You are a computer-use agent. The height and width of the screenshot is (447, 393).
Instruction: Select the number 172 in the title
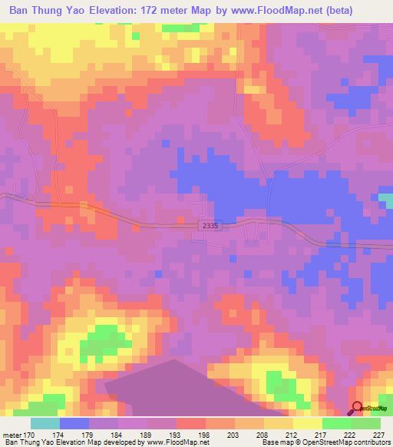pyautogui.click(x=160, y=12)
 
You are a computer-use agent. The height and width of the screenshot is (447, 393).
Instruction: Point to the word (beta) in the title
pyautogui.click(x=368, y=12)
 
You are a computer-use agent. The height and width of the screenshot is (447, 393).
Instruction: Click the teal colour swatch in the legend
pyautogui.click(x=45, y=423)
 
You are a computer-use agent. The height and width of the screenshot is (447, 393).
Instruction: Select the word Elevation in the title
pyautogui.click(x=120, y=12)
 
